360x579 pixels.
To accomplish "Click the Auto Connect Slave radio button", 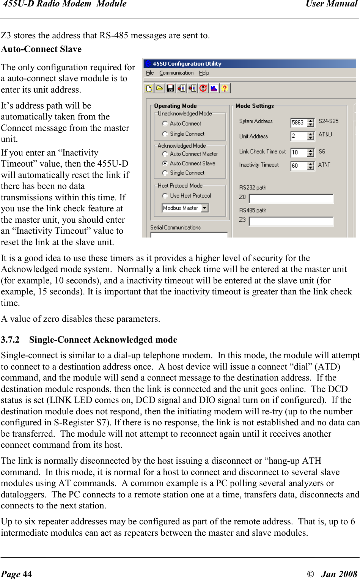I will [165, 164].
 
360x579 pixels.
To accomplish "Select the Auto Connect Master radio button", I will [165, 154].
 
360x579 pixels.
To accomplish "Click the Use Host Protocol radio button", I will [165, 196].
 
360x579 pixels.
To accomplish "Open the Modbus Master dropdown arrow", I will [205, 208].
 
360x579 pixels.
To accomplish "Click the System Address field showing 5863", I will [299, 123].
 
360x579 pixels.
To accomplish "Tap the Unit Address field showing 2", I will [299, 136].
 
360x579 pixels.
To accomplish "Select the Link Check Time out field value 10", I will [299, 153].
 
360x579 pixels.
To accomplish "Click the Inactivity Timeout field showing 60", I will [299, 166].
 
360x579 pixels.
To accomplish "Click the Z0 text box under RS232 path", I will [291, 199].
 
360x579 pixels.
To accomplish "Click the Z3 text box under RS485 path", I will [291, 222].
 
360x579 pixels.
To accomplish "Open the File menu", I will [150, 73].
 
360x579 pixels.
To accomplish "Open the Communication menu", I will [176, 73].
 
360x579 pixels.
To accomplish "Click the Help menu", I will [204, 73].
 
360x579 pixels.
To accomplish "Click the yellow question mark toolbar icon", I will [225, 88].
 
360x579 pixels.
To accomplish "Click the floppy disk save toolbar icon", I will [171, 88].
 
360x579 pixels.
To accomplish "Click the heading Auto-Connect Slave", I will [41, 49].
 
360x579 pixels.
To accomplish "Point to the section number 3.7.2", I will [10, 340].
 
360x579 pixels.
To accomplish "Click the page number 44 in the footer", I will [27, 574].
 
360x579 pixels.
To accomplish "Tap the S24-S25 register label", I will [329, 121].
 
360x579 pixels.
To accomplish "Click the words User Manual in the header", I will [332, 4].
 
